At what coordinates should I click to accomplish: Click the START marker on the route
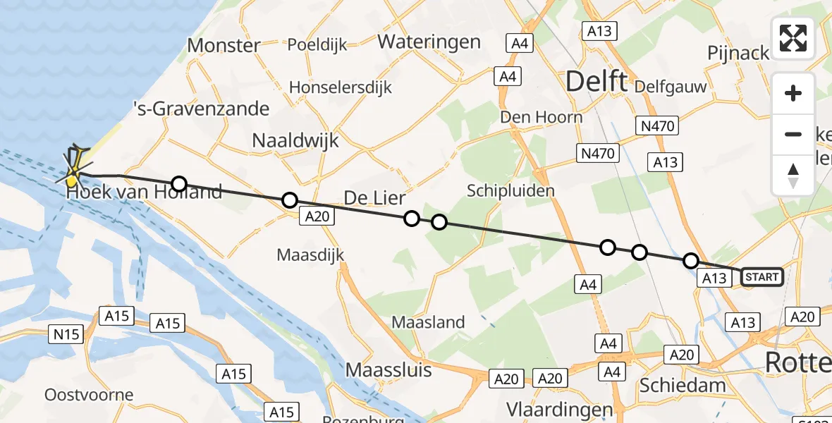[761, 277]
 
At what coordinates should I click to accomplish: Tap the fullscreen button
[793, 38]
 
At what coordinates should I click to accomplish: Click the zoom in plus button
[793, 93]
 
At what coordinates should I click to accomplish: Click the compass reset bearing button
[793, 175]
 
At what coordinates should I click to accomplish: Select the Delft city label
[597, 82]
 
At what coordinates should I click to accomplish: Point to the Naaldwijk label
[295, 140]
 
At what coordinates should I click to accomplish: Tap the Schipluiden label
[510, 190]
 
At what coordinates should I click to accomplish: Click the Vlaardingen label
[561, 409]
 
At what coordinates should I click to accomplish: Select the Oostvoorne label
[89, 394]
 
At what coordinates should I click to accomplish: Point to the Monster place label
[224, 46]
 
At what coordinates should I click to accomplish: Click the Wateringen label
[429, 42]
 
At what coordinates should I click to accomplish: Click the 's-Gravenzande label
[202, 109]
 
